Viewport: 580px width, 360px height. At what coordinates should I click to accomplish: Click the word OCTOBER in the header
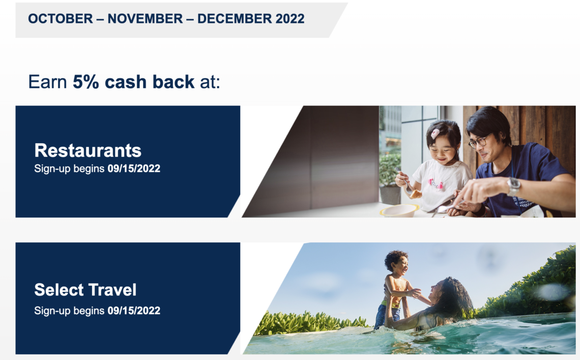point(61,18)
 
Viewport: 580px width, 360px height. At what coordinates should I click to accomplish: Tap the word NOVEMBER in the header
point(145,18)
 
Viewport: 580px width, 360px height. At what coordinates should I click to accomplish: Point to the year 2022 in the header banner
point(289,18)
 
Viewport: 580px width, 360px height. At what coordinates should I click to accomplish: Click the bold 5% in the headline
point(86,82)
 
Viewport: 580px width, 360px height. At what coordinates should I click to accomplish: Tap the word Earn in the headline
point(47,82)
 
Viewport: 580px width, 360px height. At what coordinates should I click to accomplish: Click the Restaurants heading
point(88,150)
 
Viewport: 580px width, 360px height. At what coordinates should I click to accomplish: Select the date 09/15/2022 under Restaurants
point(134,169)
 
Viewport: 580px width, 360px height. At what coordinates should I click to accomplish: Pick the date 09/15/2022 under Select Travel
point(134,311)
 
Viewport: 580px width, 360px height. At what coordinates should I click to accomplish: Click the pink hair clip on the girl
point(436,133)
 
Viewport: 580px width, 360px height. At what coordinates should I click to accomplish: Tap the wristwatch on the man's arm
point(513,186)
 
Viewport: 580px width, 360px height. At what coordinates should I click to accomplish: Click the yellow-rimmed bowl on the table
point(399,210)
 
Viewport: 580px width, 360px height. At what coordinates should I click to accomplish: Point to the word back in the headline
point(173,82)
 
